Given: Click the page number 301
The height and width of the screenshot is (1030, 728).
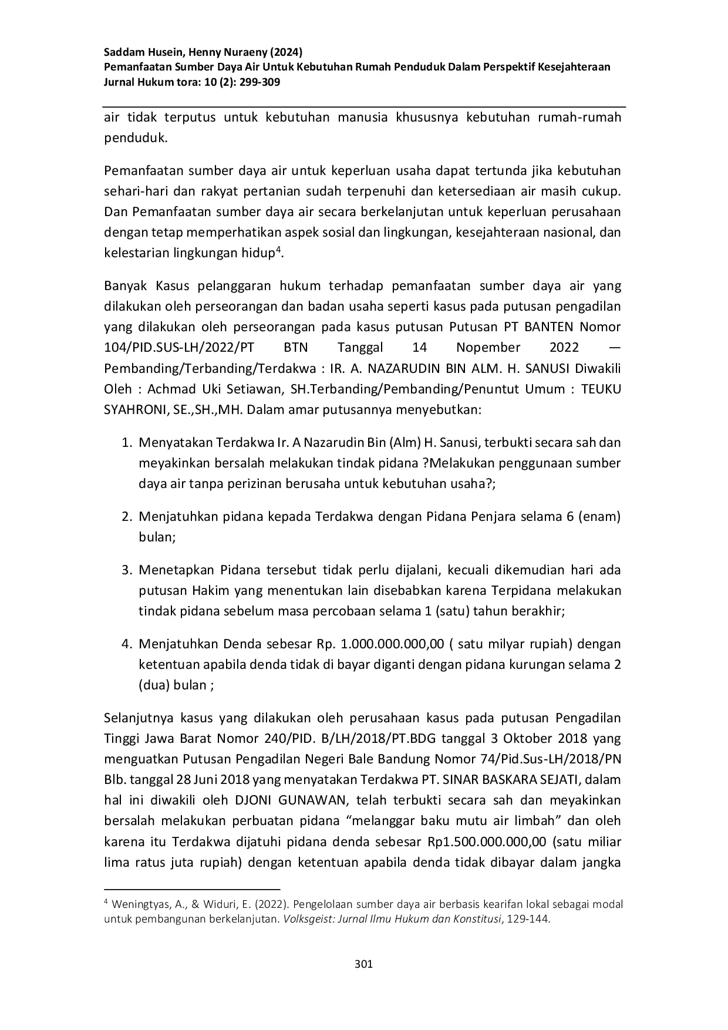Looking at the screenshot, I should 364,964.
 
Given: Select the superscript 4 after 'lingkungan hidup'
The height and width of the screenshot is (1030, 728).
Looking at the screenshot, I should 278,250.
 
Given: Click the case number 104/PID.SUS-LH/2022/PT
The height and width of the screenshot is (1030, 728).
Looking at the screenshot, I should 179,347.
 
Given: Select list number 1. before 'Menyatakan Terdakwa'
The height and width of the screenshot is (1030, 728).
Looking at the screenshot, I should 126,442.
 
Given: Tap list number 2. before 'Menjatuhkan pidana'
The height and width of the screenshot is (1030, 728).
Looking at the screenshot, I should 126,517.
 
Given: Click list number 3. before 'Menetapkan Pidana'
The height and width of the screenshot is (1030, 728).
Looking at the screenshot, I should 126,570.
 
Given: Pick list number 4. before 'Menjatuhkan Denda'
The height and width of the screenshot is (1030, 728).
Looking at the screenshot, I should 126,644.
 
